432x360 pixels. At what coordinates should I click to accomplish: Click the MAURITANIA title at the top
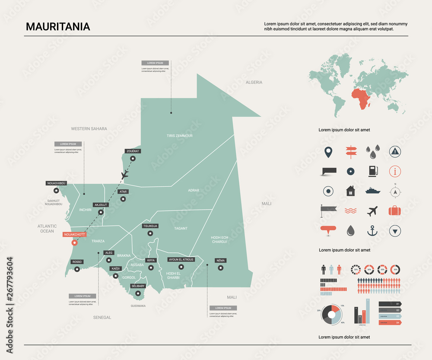[x=58, y=26]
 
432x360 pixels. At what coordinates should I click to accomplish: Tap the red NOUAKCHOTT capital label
[x=75, y=235]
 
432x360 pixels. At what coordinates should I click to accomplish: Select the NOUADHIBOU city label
[x=56, y=183]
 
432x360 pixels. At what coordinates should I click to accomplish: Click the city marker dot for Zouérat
[x=133, y=159]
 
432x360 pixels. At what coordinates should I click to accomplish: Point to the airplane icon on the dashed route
[x=125, y=175]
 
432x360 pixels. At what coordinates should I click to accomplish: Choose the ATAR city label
[x=123, y=191]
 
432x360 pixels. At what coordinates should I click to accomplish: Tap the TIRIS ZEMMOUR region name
[x=179, y=136]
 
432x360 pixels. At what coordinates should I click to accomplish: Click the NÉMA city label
[x=220, y=261]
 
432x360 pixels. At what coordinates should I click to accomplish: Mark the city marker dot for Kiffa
[x=151, y=268]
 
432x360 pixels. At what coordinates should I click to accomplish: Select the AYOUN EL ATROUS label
[x=181, y=260]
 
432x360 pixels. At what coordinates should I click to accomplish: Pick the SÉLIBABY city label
[x=138, y=286]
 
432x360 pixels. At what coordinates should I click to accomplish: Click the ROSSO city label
[x=77, y=262]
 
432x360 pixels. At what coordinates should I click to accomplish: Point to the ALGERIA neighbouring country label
[x=254, y=82]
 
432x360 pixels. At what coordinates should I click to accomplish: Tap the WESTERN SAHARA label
[x=89, y=128]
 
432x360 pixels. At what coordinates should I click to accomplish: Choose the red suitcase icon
[x=395, y=211]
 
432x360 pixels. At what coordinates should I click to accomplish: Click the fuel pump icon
[x=372, y=171]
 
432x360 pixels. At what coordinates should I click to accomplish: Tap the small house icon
[x=350, y=191]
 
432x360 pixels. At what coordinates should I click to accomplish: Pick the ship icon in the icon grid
[x=372, y=191]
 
